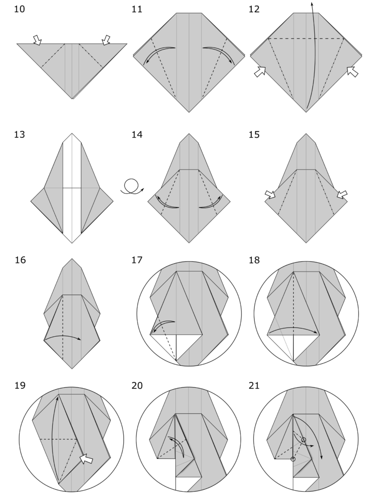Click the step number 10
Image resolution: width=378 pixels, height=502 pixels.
point(20,9)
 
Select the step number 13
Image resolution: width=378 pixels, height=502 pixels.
point(20,134)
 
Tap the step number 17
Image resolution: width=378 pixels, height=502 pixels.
point(138,260)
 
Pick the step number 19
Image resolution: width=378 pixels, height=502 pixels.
point(20,385)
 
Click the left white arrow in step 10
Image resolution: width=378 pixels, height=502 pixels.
point(37,40)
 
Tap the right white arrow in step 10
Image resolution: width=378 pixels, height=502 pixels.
point(106,40)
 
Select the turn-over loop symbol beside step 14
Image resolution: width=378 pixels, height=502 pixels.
point(131,186)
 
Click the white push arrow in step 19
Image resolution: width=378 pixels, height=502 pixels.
point(86,459)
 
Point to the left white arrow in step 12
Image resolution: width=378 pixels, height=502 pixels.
point(260,72)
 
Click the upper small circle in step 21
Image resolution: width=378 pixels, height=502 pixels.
point(304,440)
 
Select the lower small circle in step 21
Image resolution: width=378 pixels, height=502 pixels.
point(293,459)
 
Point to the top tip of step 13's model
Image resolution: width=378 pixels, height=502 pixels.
point(72,133)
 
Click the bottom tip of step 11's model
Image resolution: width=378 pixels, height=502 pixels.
point(189,112)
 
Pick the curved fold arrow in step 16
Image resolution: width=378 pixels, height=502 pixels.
point(63,337)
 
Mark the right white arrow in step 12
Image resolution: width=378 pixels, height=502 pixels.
point(352,72)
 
